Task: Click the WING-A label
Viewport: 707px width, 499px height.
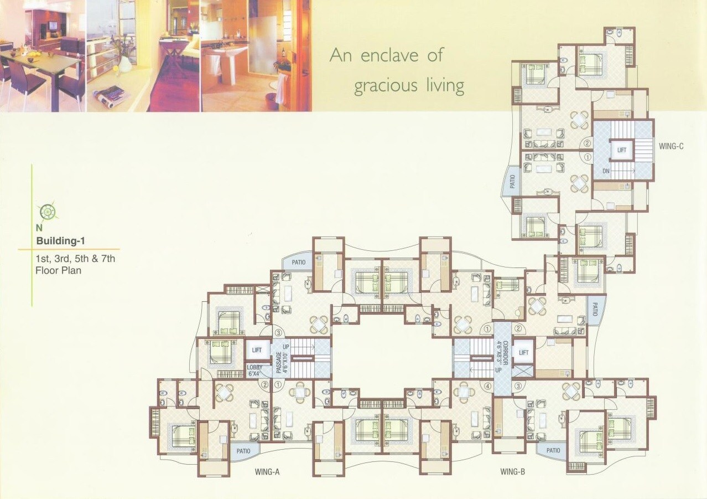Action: pyautogui.click(x=269, y=472)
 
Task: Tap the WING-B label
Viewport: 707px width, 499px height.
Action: pyautogui.click(x=512, y=472)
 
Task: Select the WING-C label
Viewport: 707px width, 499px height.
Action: pyautogui.click(x=671, y=147)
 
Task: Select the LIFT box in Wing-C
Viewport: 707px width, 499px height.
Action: pyautogui.click(x=621, y=150)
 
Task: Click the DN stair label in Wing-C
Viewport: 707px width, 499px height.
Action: pyautogui.click(x=606, y=172)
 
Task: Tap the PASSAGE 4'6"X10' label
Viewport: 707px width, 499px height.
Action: pyautogui.click(x=282, y=358)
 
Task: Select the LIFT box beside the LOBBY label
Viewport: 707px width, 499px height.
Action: pyautogui.click(x=257, y=350)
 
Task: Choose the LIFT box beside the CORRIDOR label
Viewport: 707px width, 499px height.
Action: pyautogui.click(x=523, y=352)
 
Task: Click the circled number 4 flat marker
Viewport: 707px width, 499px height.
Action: pyautogui.click(x=488, y=387)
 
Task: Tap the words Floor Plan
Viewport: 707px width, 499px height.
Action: pyautogui.click(x=58, y=271)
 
